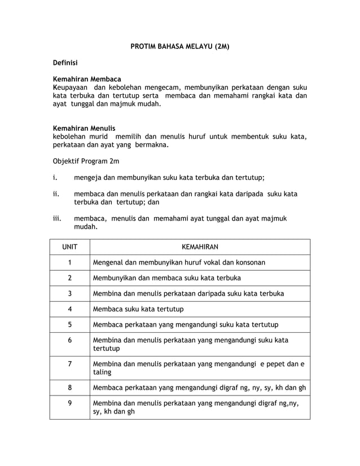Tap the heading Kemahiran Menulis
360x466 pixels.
pyautogui.click(x=84, y=129)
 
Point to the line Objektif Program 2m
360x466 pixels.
pyautogui.click(x=86, y=161)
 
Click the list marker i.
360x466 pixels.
pyautogui.click(x=55, y=177)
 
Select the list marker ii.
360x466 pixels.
pyautogui.click(x=56, y=194)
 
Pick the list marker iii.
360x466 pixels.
pyautogui.click(x=57, y=218)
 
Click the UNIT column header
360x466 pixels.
pyautogui.click(x=69, y=247)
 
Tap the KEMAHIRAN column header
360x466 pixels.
pyautogui.click(x=200, y=247)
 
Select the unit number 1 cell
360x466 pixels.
pyautogui.click(x=69, y=262)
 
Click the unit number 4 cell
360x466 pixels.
pyautogui.click(x=69, y=309)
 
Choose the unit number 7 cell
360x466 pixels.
pyautogui.click(x=69, y=364)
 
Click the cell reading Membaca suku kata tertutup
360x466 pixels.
pyautogui.click(x=138, y=309)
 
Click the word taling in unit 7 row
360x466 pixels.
pyautogui.click(x=102, y=372)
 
